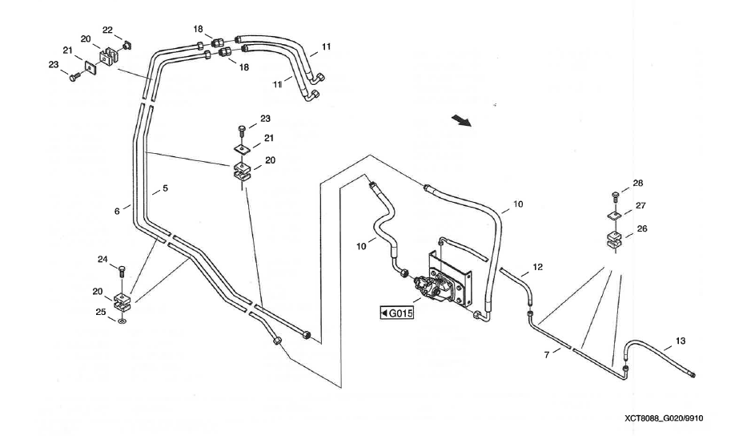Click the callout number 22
tap(107, 30)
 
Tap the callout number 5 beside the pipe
tap(165, 189)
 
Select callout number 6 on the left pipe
tap(117, 211)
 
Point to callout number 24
tap(102, 260)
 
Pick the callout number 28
tap(638, 184)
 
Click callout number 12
tap(537, 267)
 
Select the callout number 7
tap(548, 353)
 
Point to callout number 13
tap(680, 341)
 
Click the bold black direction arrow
tap(460, 120)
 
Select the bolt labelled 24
tap(122, 270)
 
